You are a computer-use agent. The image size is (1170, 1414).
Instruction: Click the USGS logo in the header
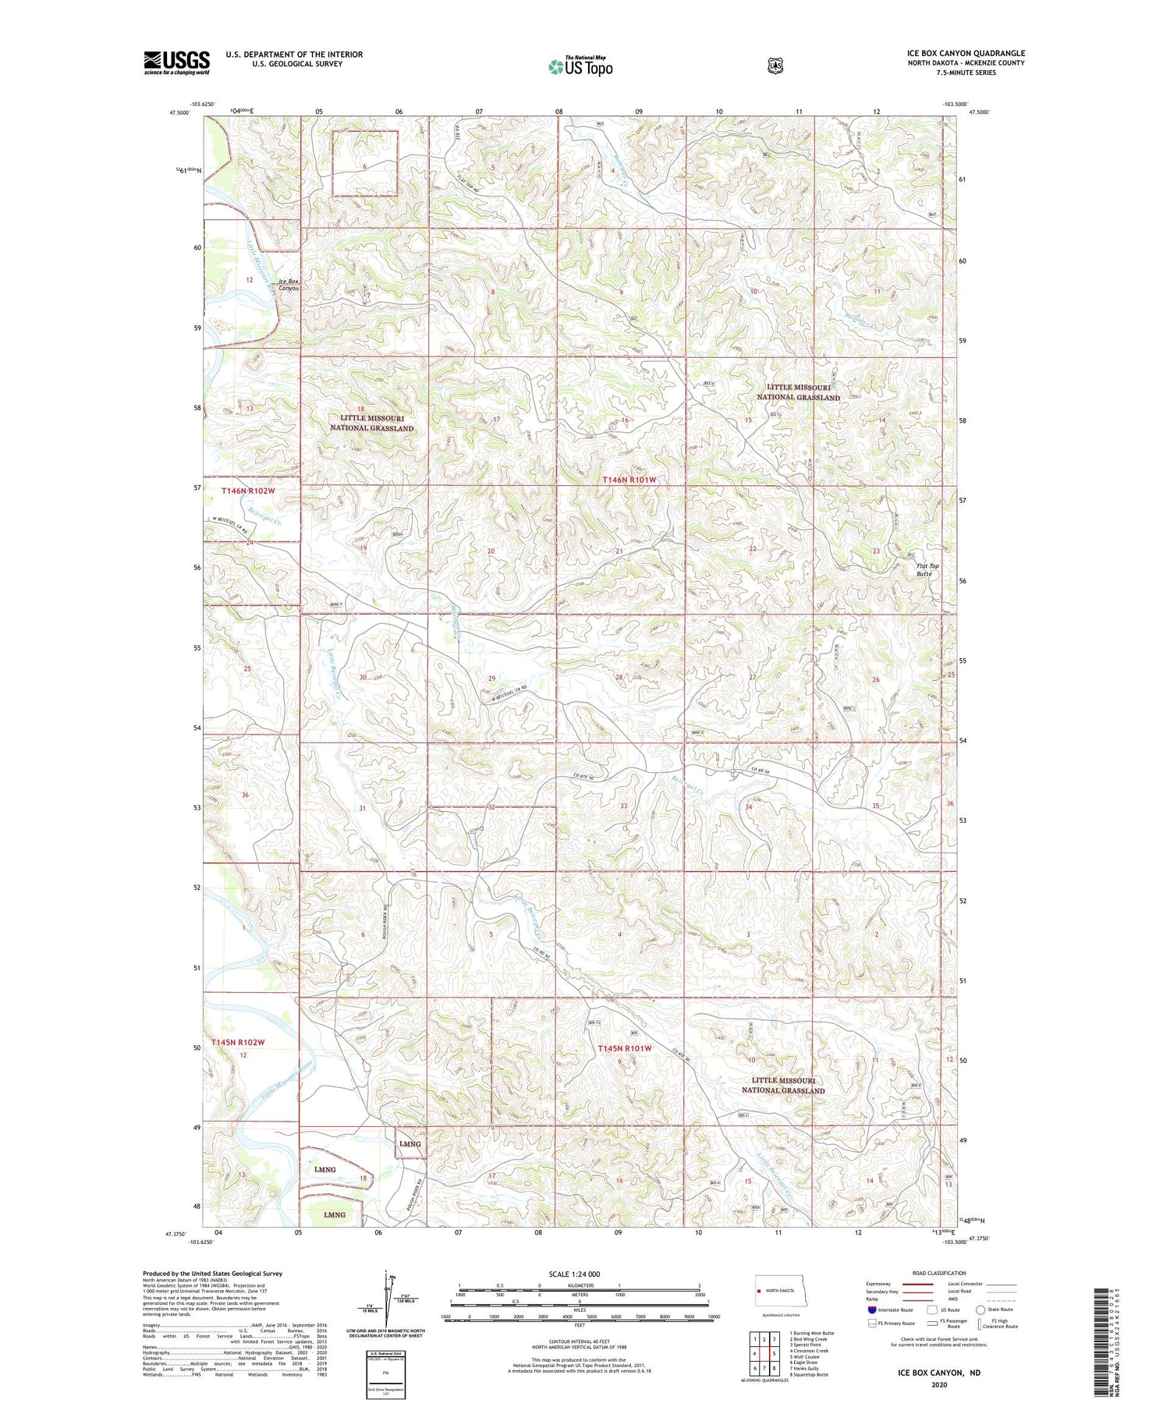pos(176,62)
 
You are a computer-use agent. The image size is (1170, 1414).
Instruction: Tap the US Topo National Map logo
pos(580,66)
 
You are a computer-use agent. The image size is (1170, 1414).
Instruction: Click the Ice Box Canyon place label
pos(288,285)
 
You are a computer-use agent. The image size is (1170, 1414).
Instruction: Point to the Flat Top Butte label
pos(927,570)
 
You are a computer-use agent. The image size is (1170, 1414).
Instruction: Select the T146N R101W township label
pos(637,480)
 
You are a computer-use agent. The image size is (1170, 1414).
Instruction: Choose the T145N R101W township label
pos(624,1049)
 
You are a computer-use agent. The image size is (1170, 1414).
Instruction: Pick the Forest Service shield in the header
pos(775,66)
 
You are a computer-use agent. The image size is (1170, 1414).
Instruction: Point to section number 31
pos(362,809)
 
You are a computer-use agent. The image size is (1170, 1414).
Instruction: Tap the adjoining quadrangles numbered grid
pos(764,1354)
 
